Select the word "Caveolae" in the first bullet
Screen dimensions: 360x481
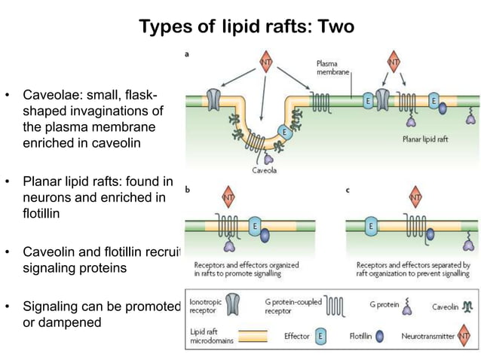click(51, 96)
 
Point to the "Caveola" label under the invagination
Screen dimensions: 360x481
click(264, 170)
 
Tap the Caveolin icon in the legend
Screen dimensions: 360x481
click(464, 307)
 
